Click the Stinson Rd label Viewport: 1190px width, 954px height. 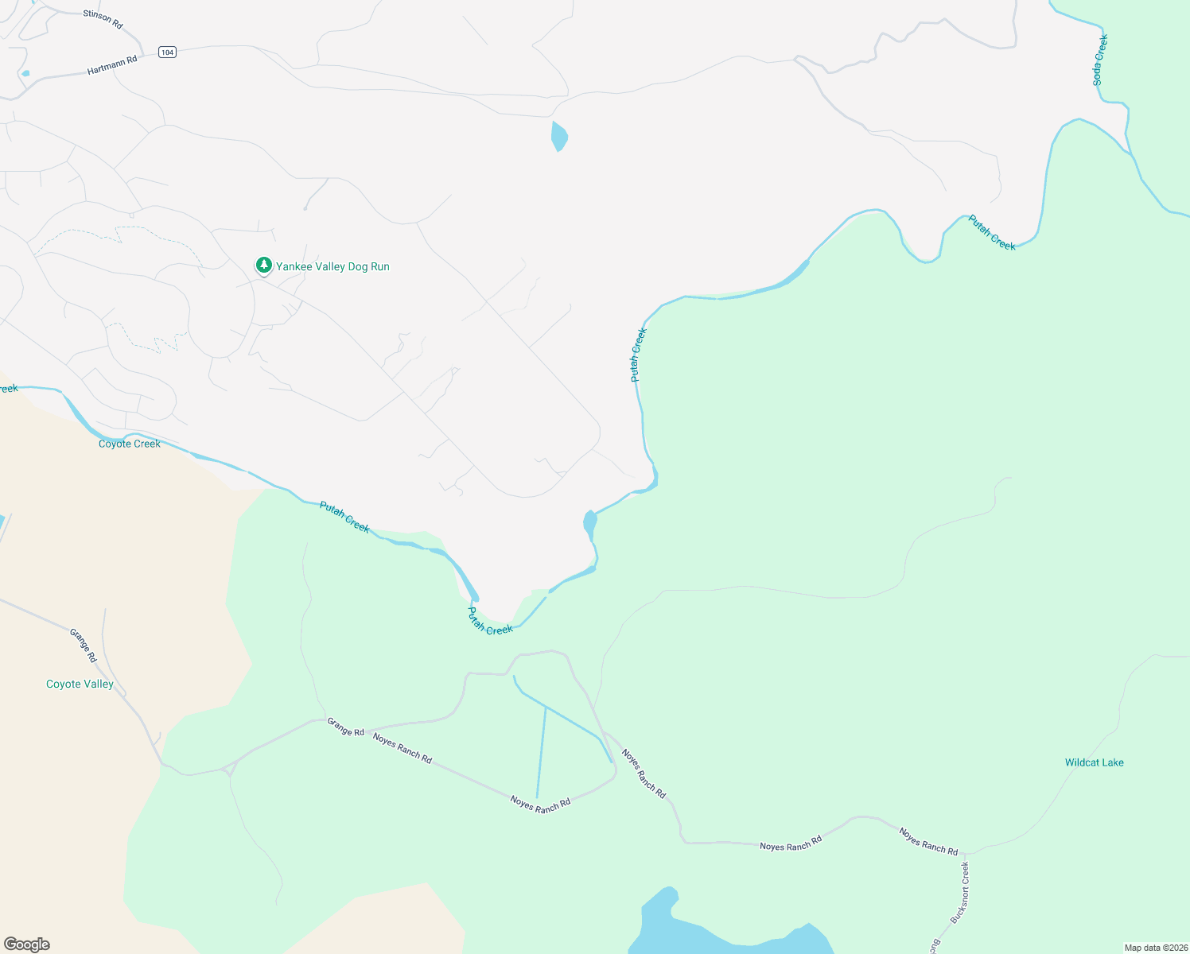click(103, 19)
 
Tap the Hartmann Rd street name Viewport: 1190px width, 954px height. click(112, 64)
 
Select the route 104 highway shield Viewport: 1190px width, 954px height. click(166, 52)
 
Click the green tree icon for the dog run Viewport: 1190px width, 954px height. click(263, 266)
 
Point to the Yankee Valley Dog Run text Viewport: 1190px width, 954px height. click(332, 267)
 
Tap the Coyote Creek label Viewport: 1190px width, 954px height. click(130, 444)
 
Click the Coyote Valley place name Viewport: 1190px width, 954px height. click(80, 684)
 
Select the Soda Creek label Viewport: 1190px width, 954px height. click(1099, 60)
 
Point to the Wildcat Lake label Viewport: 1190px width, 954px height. click(1094, 762)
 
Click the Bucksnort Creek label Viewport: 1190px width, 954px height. click(960, 892)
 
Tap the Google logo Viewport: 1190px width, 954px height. click(27, 944)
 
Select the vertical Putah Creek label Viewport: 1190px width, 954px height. click(638, 355)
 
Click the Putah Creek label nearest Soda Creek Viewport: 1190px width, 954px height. click(992, 233)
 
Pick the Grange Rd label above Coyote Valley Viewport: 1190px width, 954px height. click(83, 646)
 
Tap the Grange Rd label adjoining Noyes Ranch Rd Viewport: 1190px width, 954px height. click(346, 727)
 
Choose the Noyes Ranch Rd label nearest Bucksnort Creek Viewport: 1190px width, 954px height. click(928, 841)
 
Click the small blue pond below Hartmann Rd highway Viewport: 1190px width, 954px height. click(558, 135)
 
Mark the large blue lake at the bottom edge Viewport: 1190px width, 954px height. click(716, 930)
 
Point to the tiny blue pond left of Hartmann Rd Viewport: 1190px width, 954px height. click(25, 74)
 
